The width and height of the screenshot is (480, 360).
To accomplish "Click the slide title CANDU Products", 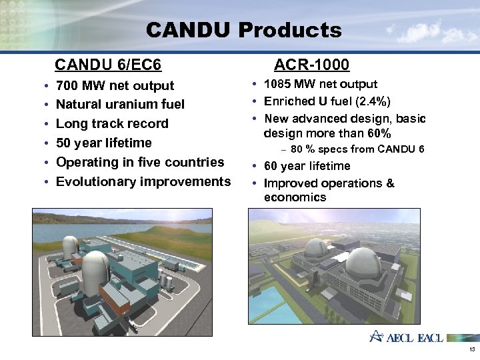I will pyautogui.click(x=243, y=30).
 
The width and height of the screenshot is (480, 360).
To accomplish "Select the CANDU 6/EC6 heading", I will pyautogui.click(x=109, y=65).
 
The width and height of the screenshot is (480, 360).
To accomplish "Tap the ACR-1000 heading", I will pyautogui.click(x=311, y=65).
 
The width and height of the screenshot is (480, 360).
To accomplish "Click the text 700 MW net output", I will pyautogui.click(x=115, y=85).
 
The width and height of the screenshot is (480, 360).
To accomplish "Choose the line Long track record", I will pyautogui.click(x=112, y=124).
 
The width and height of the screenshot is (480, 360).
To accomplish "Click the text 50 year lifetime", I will pyautogui.click(x=103, y=143).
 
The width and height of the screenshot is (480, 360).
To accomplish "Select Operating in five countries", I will pyautogui.click(x=140, y=162).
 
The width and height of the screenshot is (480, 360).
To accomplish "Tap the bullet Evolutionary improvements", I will pyautogui.click(x=143, y=181).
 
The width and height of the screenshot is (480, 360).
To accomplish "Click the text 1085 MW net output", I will pyautogui.click(x=321, y=84).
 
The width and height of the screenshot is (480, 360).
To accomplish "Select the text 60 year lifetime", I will pyautogui.click(x=307, y=166).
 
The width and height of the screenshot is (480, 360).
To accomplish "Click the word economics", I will pyautogui.click(x=295, y=197).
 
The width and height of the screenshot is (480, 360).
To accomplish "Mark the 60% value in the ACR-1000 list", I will pyautogui.click(x=378, y=134).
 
